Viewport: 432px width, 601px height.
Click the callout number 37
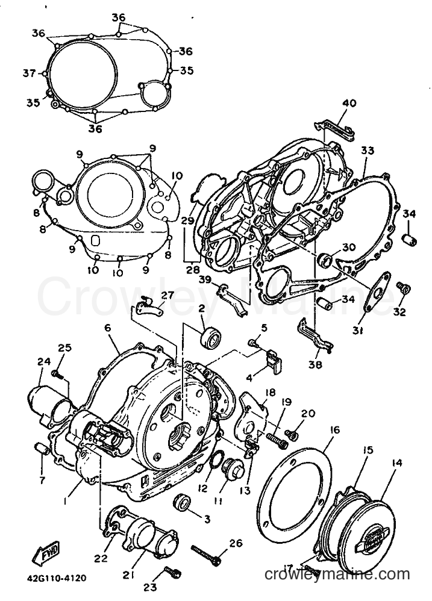[x=29, y=73]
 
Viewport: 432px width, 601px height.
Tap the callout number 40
[x=349, y=103]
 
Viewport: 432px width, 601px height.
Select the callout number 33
[x=368, y=150]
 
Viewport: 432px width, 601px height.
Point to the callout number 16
[x=335, y=429]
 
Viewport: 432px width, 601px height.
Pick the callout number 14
[x=396, y=463]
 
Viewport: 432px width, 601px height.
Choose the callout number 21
[x=128, y=575]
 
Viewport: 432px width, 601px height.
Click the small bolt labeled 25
[x=58, y=374]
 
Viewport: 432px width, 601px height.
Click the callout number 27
[x=167, y=294]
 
